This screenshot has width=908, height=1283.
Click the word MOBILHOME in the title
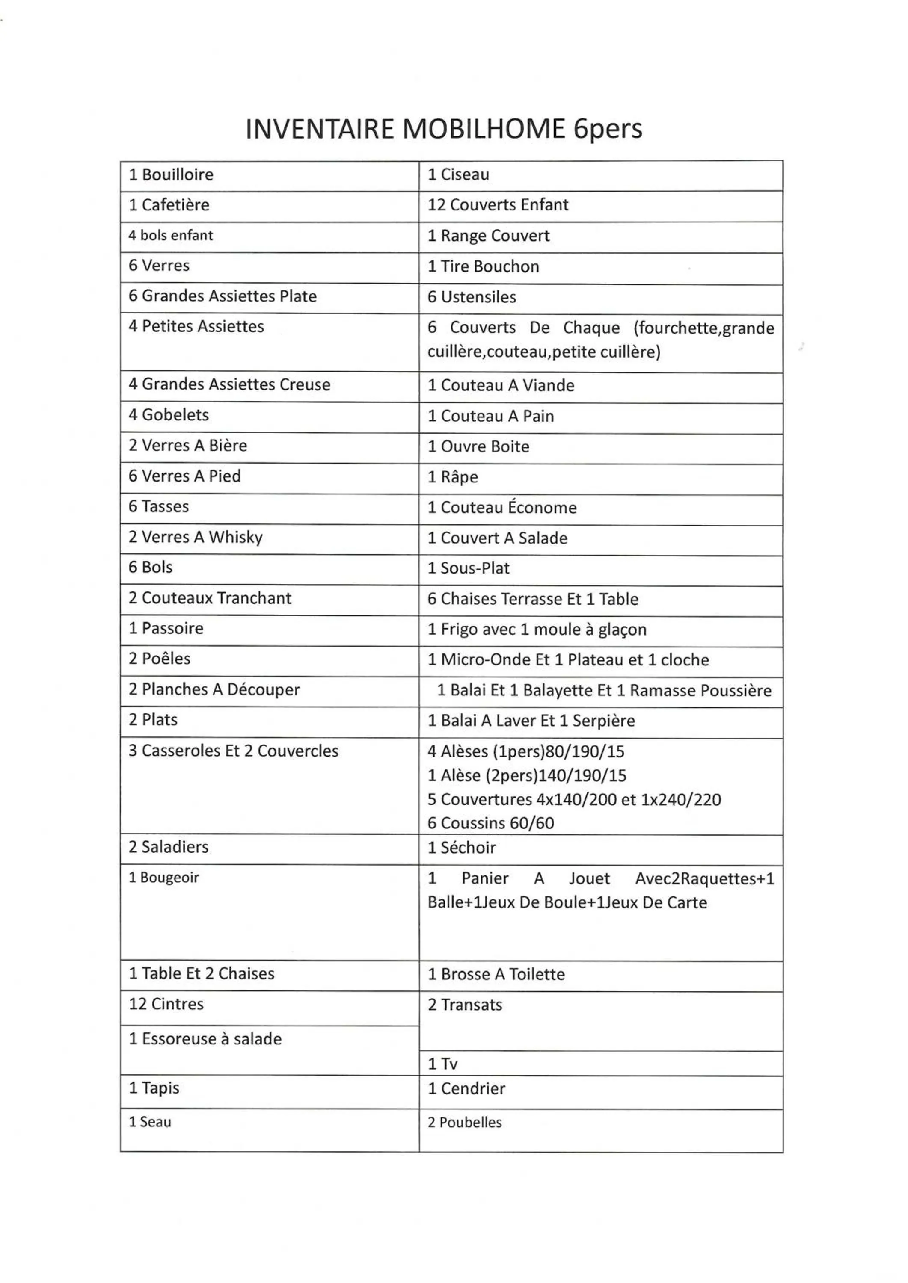tap(484, 129)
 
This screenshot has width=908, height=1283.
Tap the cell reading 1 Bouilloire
tap(171, 175)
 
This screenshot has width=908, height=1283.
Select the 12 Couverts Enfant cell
tap(498, 205)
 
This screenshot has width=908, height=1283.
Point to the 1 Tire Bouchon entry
tap(483, 266)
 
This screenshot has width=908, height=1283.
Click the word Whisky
tap(235, 537)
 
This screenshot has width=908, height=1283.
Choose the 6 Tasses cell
tap(159, 507)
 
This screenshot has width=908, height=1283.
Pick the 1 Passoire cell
tap(166, 629)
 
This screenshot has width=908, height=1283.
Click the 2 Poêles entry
tap(159, 659)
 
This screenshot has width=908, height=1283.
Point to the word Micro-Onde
tap(485, 660)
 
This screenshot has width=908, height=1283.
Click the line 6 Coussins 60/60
tap(490, 823)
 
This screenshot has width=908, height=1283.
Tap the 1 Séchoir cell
tap(461, 848)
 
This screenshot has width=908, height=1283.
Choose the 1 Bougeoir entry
tap(164, 878)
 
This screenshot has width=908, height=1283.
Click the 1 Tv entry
tap(442, 1064)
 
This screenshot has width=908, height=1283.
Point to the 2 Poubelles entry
tap(465, 1123)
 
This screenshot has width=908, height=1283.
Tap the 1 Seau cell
tap(150, 1122)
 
